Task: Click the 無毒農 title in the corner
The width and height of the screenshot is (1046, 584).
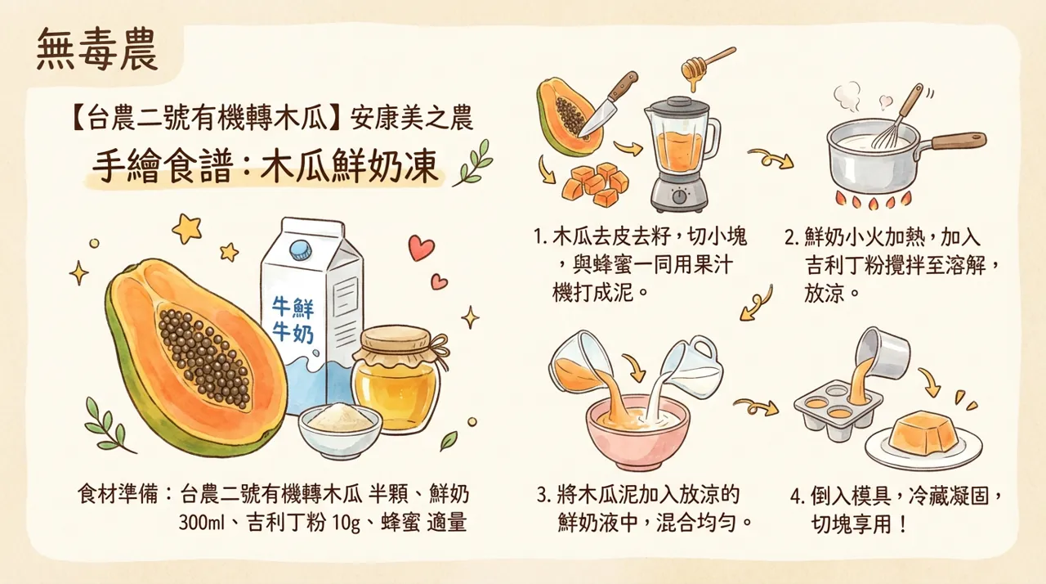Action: pos(97,54)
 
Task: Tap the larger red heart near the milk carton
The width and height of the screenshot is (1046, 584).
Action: pos(421,247)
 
